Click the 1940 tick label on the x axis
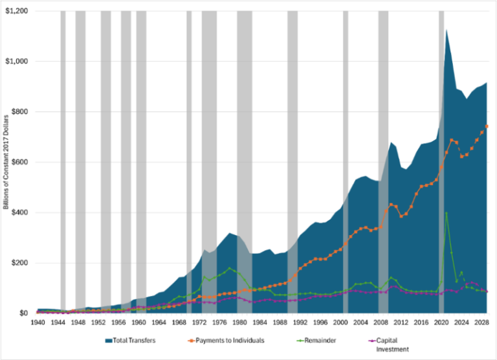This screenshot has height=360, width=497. (37, 322)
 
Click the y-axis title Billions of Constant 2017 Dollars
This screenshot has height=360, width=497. (7, 163)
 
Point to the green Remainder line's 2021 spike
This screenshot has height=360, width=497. (447, 213)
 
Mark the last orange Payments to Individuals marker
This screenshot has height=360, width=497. (487, 126)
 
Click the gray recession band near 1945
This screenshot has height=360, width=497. (63, 162)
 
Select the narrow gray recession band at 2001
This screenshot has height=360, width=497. (346, 162)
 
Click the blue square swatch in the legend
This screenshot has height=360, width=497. (107, 338)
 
